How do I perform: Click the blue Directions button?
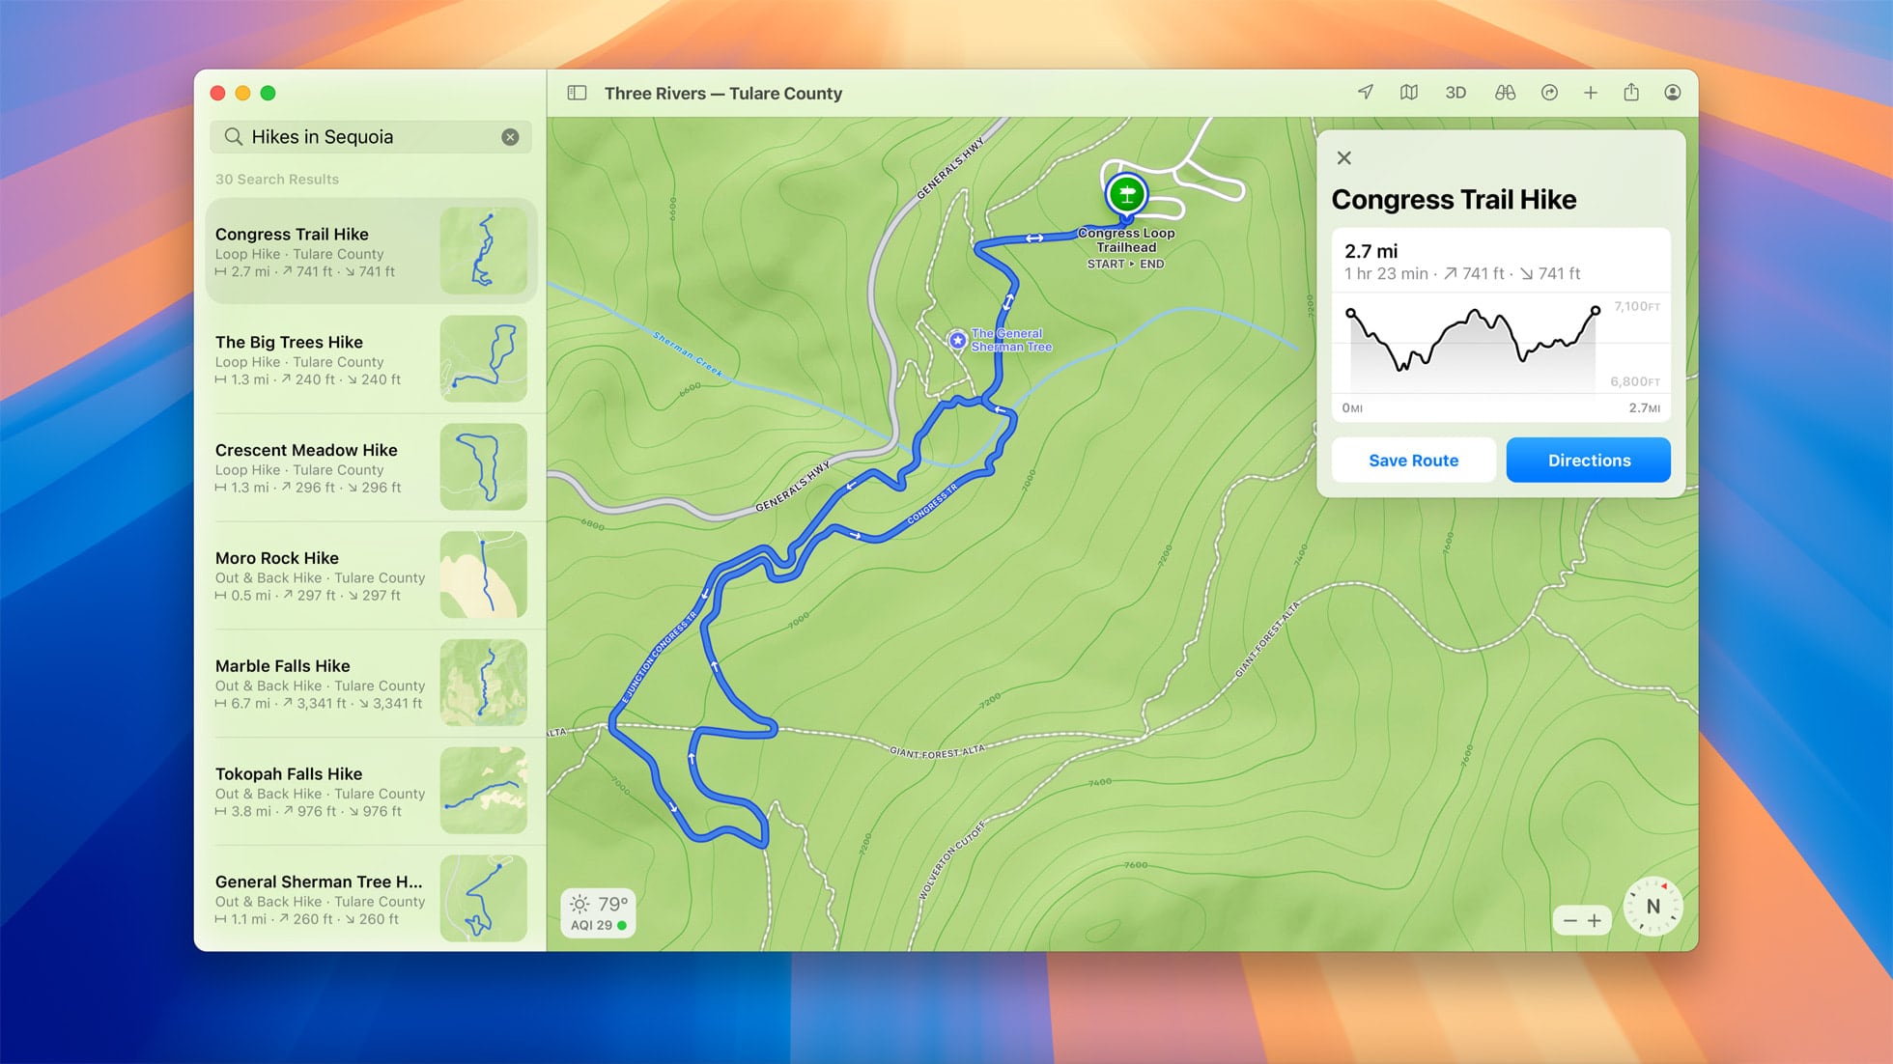coord(1588,461)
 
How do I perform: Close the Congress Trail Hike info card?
coord(1343,158)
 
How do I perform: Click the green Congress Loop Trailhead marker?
coord(1126,194)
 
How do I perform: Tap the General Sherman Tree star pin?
coord(957,340)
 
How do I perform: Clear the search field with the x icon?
coord(510,137)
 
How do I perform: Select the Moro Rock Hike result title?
coord(277,558)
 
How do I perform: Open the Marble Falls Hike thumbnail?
coord(483,683)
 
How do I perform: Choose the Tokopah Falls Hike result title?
coord(289,774)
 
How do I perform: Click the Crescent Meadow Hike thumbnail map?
coord(483,466)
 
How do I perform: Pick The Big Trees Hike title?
coord(289,343)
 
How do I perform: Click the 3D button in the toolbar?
coord(1455,94)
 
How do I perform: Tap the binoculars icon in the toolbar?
coord(1505,94)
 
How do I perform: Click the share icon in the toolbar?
coord(1631,93)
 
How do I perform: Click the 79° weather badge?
coord(598,912)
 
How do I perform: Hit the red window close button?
coord(218,94)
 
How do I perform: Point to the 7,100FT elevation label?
coord(1636,307)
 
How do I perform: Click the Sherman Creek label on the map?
coord(688,353)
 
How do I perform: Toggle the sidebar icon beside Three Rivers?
coord(577,94)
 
